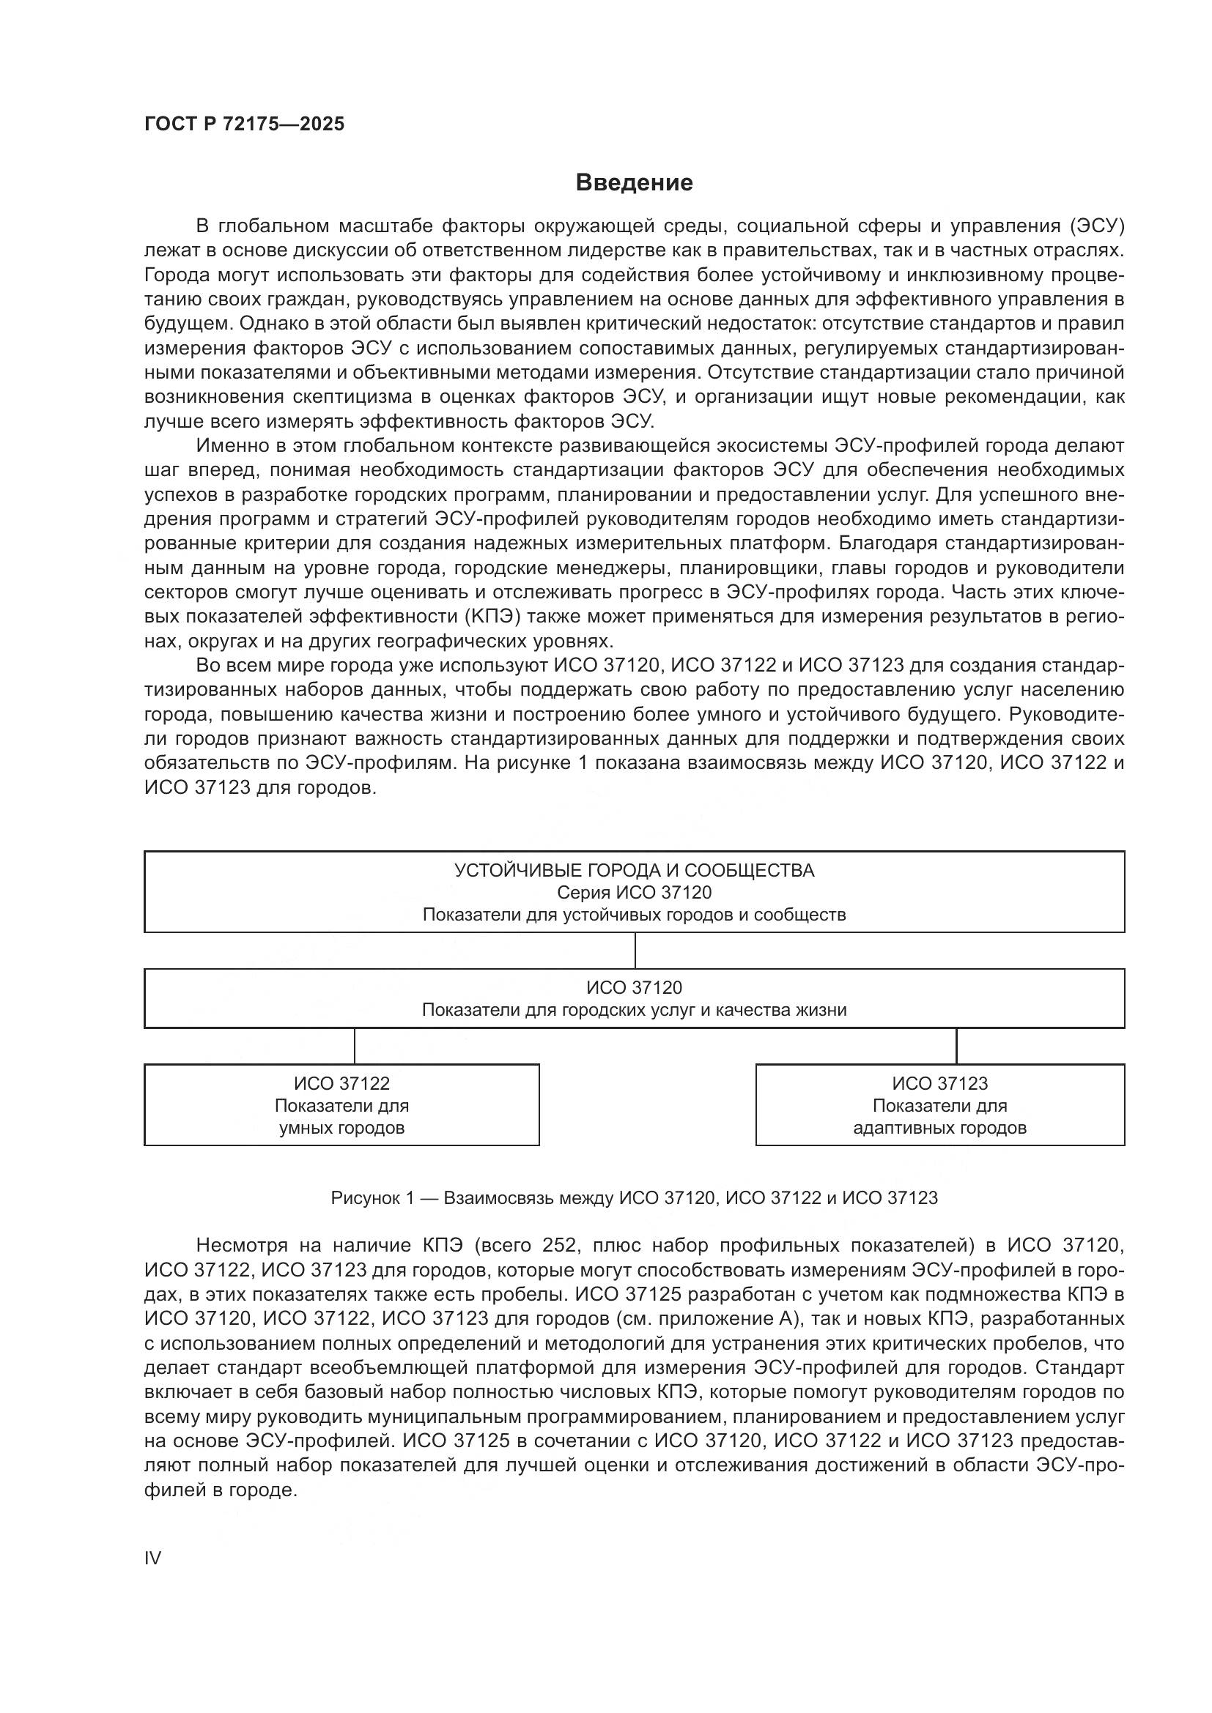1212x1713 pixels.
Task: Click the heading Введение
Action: (x=635, y=183)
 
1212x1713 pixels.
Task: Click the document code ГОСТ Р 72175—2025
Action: (x=244, y=124)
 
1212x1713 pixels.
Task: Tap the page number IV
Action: (x=152, y=1558)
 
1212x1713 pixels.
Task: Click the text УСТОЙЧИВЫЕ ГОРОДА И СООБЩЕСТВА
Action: (x=635, y=870)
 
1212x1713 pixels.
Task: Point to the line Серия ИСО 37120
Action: (x=635, y=892)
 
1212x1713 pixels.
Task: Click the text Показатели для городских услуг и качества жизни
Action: (x=635, y=1010)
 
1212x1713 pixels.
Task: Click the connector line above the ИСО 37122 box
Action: (x=355, y=1046)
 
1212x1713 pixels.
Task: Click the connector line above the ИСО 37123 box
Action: (x=956, y=1046)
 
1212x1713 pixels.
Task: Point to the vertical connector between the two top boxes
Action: (x=635, y=951)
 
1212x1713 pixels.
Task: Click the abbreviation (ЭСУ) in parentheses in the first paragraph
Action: (x=1096, y=226)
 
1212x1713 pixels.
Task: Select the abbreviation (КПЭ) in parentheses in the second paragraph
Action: (x=493, y=616)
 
